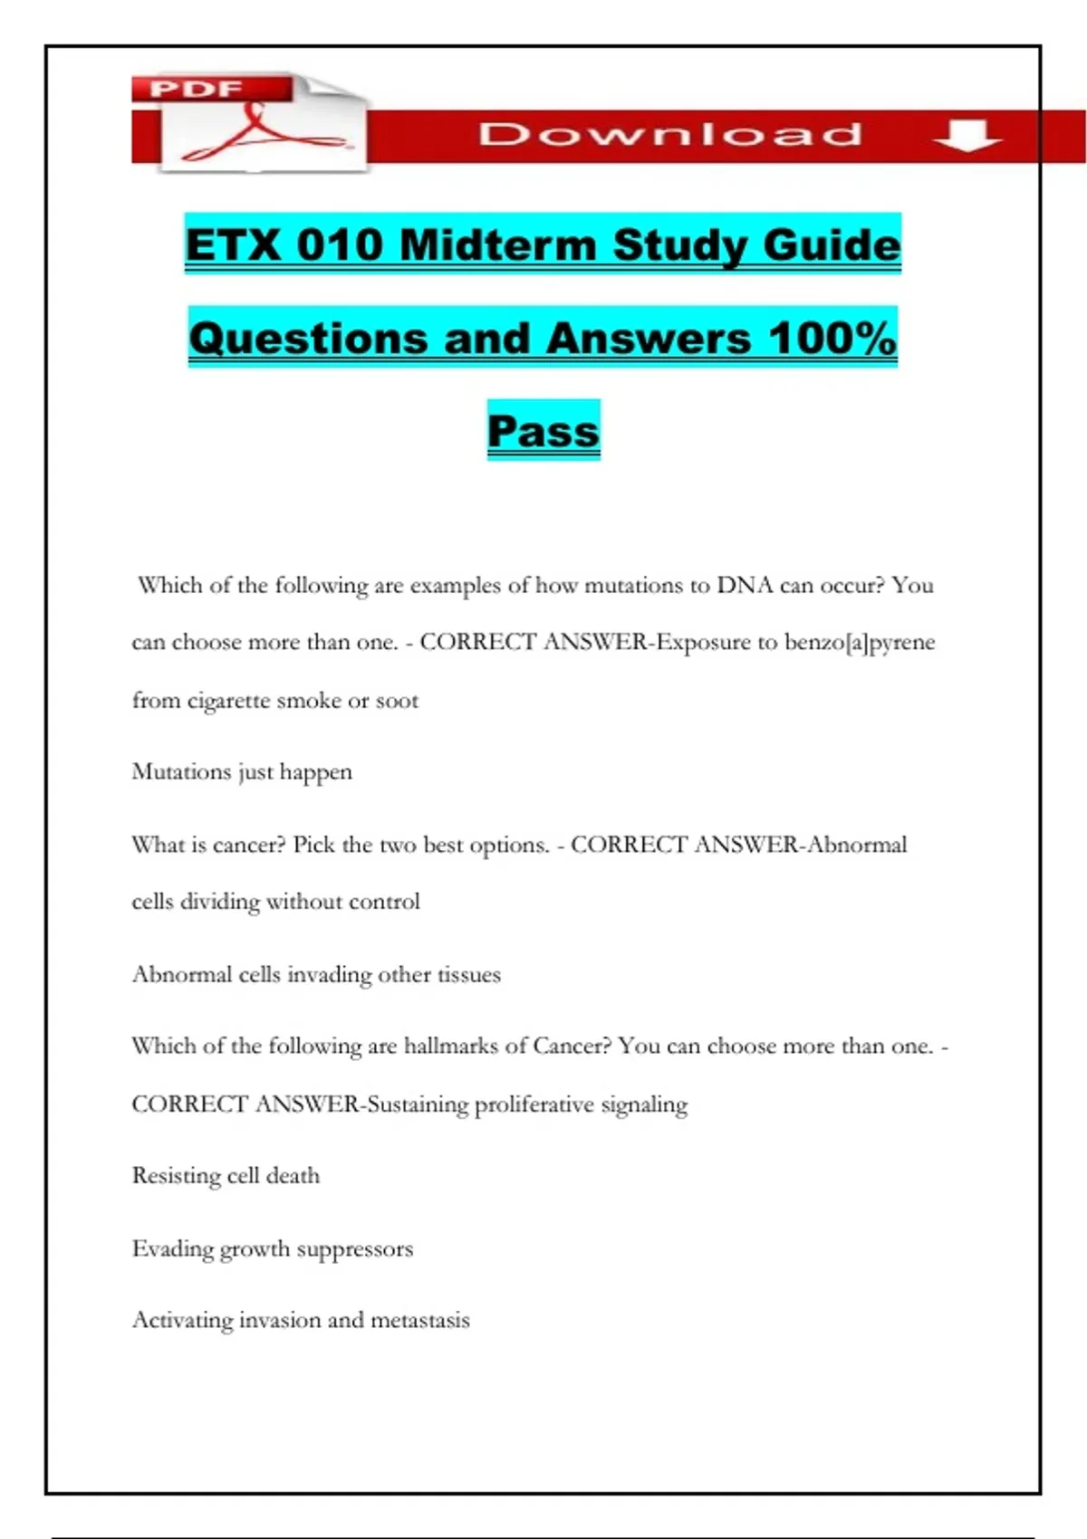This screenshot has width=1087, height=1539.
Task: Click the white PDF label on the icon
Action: (196, 89)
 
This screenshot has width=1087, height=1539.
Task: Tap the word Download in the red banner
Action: (670, 135)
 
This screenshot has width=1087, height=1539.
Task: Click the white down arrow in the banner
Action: (967, 136)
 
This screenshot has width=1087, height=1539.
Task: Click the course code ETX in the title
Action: (234, 244)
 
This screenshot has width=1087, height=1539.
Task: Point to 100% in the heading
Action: (832, 338)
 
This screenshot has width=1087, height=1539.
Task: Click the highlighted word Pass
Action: (543, 430)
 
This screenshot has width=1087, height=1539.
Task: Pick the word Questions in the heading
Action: (307, 338)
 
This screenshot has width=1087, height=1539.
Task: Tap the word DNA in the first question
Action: (745, 585)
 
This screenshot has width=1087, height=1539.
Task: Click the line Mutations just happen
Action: (242, 772)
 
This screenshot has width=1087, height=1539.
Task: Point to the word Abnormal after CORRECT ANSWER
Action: (857, 845)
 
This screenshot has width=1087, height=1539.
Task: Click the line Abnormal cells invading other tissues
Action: (316, 975)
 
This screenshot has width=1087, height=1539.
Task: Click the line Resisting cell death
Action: (226, 1176)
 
